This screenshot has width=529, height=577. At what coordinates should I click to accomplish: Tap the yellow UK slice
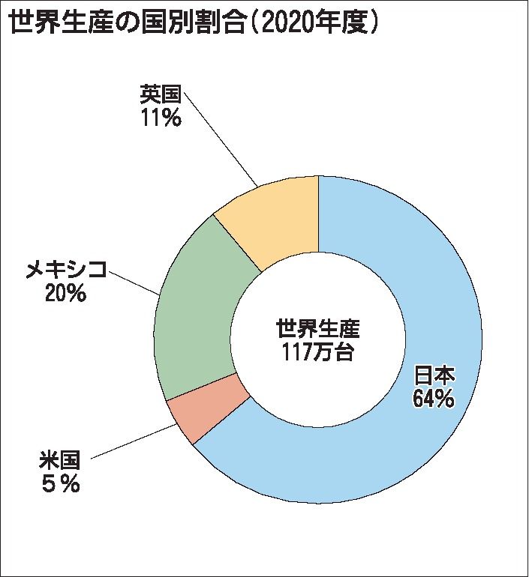click(x=278, y=217)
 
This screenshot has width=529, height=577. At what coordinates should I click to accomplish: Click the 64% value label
click(x=433, y=398)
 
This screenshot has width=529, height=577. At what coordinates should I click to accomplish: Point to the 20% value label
click(x=65, y=294)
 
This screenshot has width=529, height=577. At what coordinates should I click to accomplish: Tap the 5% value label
click(x=60, y=484)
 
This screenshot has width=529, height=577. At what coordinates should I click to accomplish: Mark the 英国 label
click(x=161, y=94)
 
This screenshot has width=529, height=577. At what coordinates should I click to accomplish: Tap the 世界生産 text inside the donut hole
click(x=318, y=328)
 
